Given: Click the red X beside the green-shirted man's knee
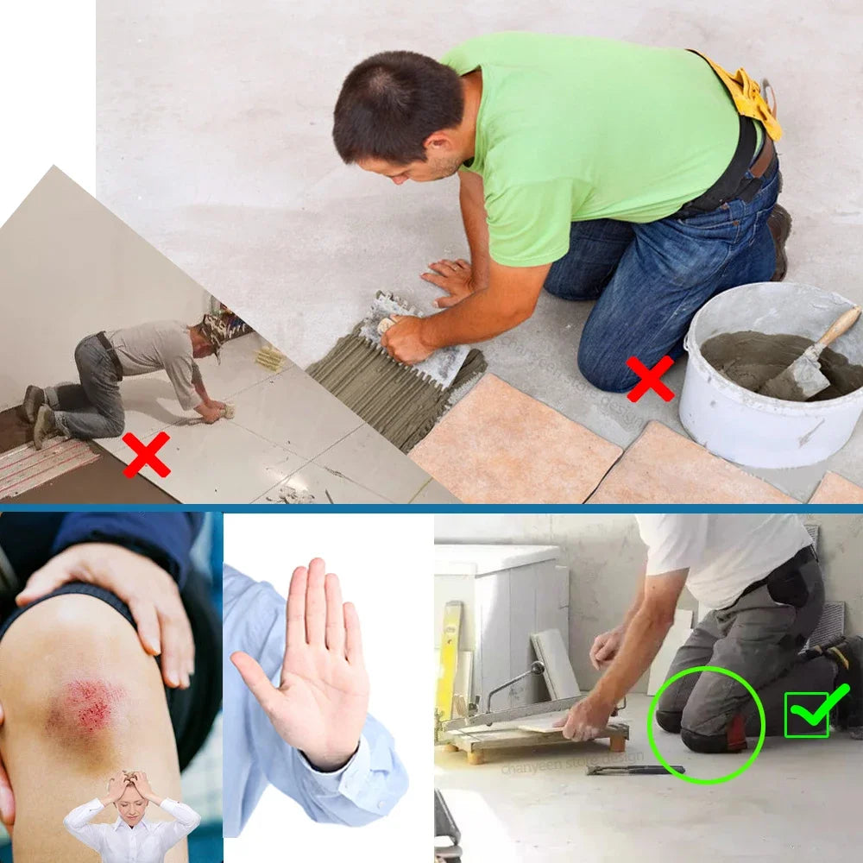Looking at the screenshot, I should (650, 379).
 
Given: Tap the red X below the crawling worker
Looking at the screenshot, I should (146, 455).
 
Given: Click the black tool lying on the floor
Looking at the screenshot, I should (635, 769).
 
